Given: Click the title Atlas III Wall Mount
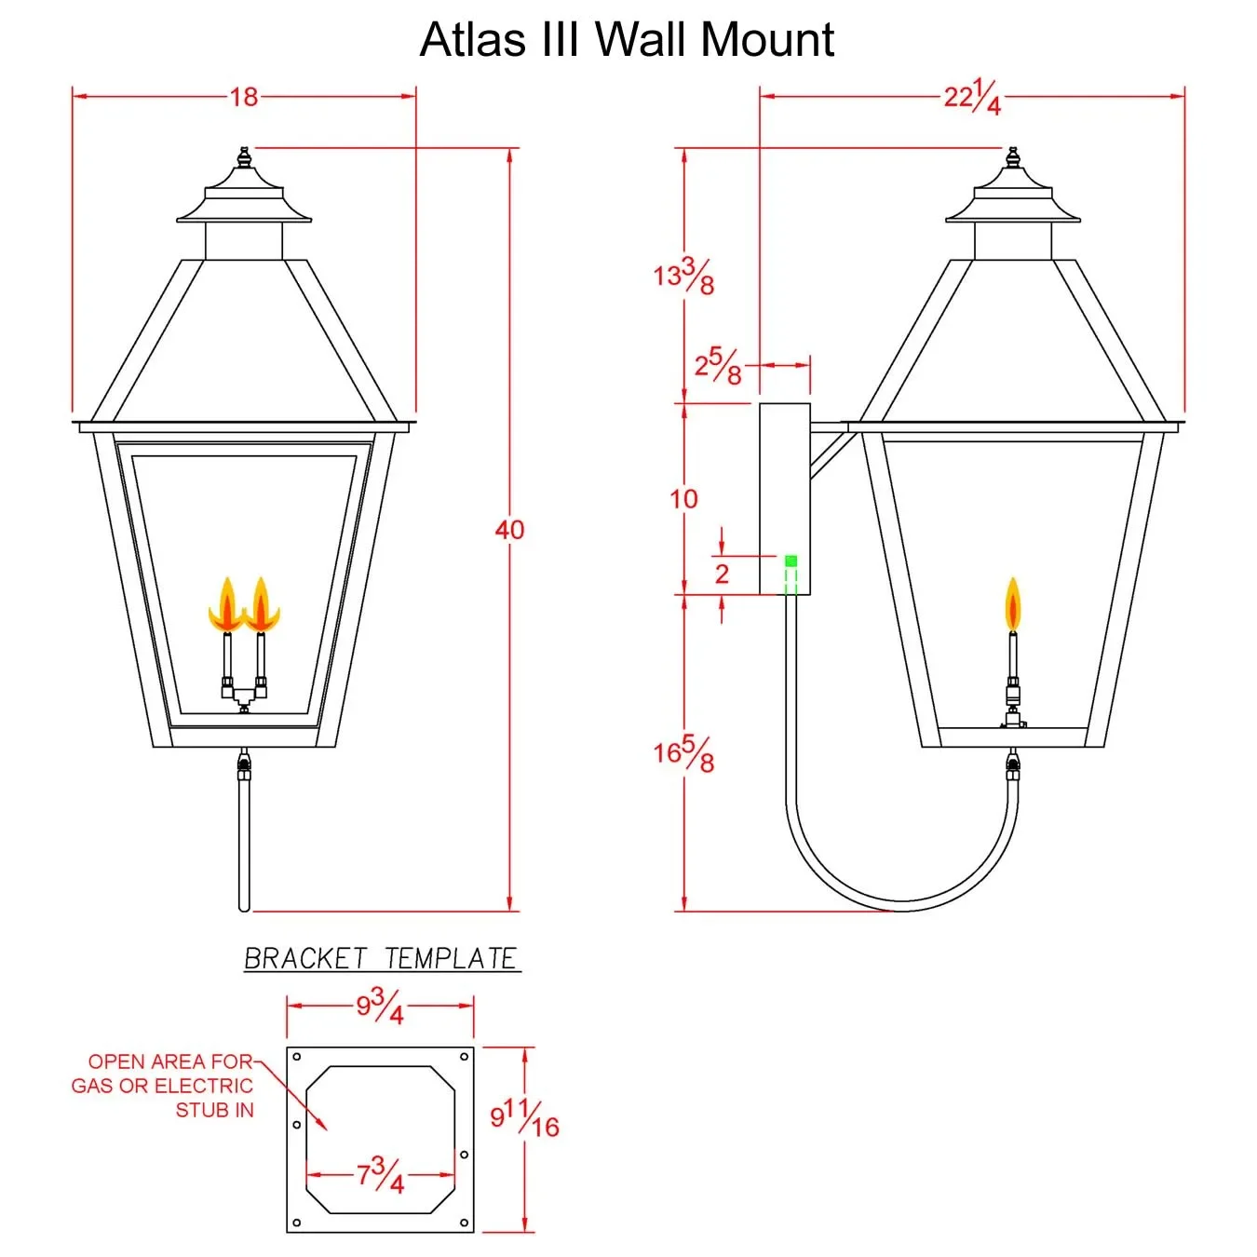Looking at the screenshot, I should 627,40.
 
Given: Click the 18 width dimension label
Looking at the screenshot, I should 244,97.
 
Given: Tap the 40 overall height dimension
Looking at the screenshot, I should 509,530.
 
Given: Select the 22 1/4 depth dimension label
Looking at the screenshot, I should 972,97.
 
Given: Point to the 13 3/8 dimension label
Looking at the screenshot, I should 683,276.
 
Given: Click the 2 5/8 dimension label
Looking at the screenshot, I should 718,366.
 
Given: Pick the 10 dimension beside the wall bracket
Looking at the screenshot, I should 683,499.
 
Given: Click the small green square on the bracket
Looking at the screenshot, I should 791,561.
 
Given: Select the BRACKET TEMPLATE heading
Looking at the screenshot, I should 381,958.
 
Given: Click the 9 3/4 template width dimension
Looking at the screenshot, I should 380,1007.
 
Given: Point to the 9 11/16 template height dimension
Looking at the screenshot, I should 524,1117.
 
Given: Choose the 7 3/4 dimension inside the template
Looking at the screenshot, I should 380,1175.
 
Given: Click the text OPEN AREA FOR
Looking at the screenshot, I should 170,1061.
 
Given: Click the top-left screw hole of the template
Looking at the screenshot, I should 297,1057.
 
